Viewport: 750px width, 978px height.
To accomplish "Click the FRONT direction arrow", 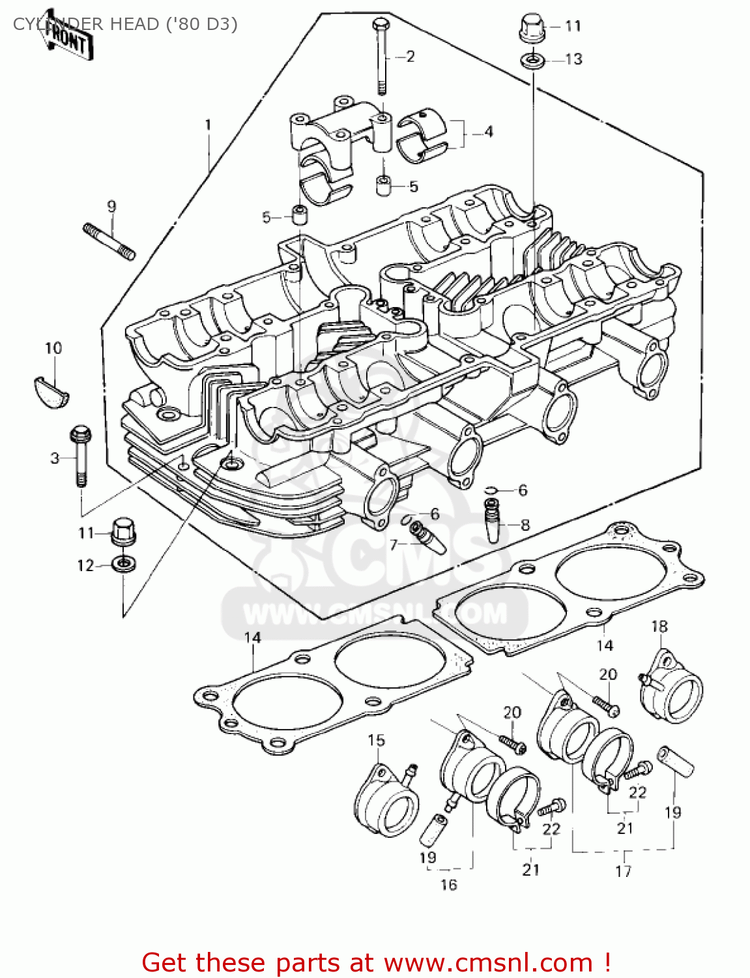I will click(x=65, y=40).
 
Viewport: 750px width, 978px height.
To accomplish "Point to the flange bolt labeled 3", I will click(x=81, y=456).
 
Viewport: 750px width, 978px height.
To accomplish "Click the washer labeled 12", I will click(x=123, y=563).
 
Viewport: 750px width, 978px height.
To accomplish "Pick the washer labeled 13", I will click(x=532, y=60).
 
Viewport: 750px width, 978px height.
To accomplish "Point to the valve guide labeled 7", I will click(x=427, y=537).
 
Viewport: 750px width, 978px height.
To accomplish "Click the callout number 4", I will click(x=488, y=132).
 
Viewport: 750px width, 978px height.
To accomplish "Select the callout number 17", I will click(x=623, y=871).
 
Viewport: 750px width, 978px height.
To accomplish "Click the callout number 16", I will click(x=448, y=885).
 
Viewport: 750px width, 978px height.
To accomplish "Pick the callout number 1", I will click(x=208, y=125).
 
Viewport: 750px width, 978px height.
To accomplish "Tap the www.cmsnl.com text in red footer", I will click(x=487, y=962).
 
